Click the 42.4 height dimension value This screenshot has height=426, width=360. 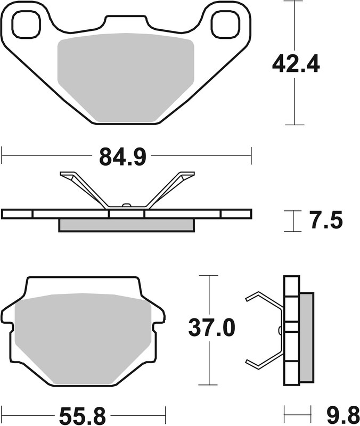pos(296,64)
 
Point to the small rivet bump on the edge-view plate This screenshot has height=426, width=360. pos(126,206)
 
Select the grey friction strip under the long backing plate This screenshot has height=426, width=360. pos(126,225)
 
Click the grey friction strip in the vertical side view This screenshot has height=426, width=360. pos(307,338)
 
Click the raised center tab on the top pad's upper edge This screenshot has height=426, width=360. pos(125,20)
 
